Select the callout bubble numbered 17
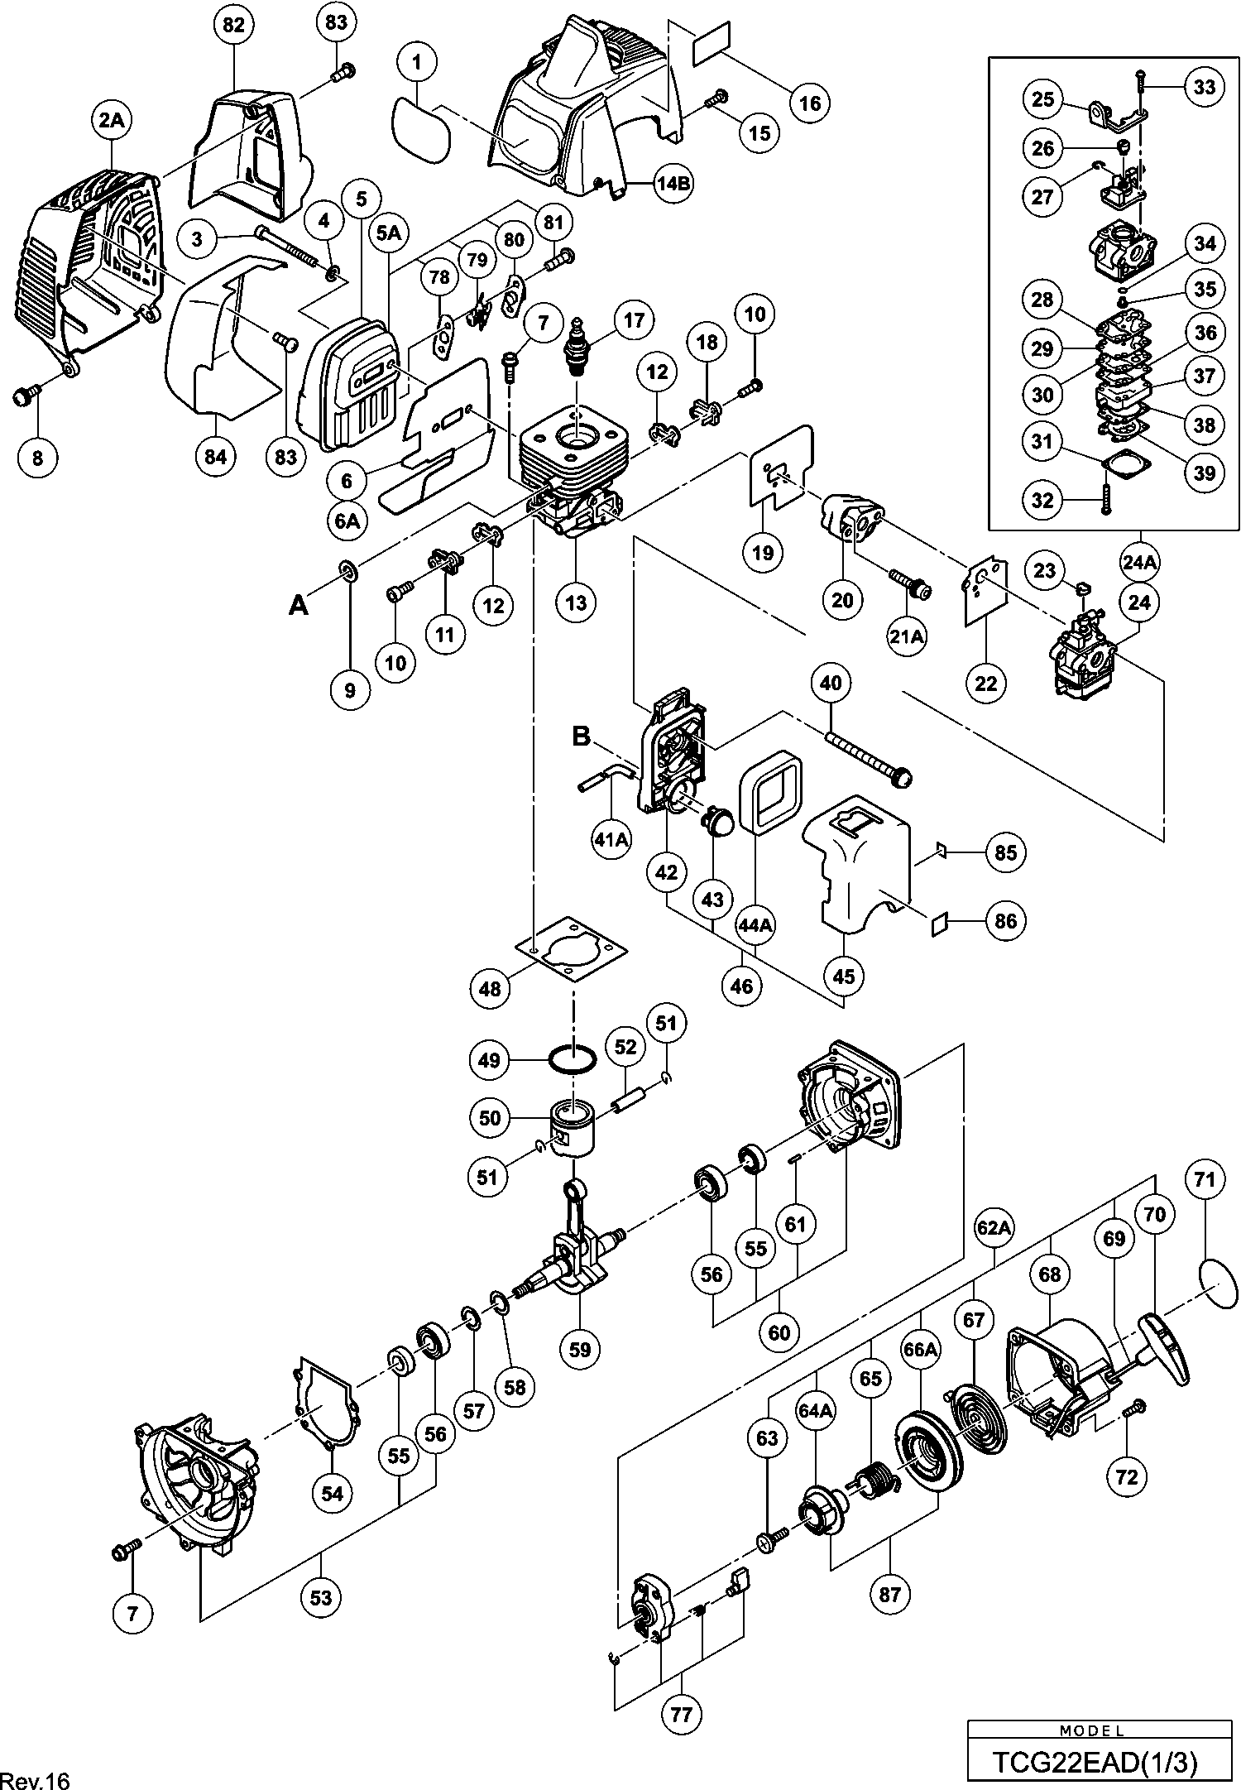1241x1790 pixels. tap(634, 320)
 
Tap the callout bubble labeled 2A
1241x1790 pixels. tap(112, 121)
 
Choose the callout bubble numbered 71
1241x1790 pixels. tap(1205, 1179)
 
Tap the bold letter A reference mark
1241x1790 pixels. tap(298, 607)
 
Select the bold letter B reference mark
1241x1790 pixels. tap(582, 737)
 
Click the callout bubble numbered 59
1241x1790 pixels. tap(580, 1349)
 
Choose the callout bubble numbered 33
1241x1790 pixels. tap(1205, 85)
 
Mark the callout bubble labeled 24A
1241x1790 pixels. tap(1139, 562)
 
